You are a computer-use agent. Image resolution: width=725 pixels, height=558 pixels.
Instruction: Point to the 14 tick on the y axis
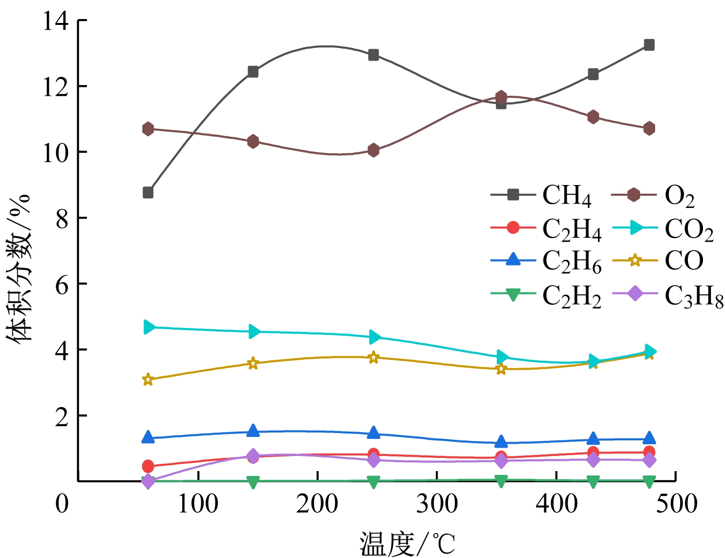point(55,21)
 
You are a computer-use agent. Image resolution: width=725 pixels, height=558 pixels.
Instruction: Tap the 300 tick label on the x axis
point(437,503)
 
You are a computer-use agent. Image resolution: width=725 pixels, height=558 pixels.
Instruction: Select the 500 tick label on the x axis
point(676,503)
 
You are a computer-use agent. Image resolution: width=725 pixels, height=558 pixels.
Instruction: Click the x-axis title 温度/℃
point(407,543)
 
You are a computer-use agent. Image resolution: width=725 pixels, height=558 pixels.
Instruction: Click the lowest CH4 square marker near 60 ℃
point(148,193)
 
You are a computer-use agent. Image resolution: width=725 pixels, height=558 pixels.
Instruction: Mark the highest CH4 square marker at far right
point(649,45)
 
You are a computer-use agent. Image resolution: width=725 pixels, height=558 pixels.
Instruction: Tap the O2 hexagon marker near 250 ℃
point(374,150)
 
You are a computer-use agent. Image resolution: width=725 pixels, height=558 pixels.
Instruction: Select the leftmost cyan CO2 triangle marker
point(149,327)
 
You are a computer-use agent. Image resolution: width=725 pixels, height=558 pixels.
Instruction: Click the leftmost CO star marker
point(148,380)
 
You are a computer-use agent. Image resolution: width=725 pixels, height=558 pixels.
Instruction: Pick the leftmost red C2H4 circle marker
point(148,466)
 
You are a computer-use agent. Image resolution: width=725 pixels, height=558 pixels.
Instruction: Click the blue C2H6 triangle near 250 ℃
point(374,433)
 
